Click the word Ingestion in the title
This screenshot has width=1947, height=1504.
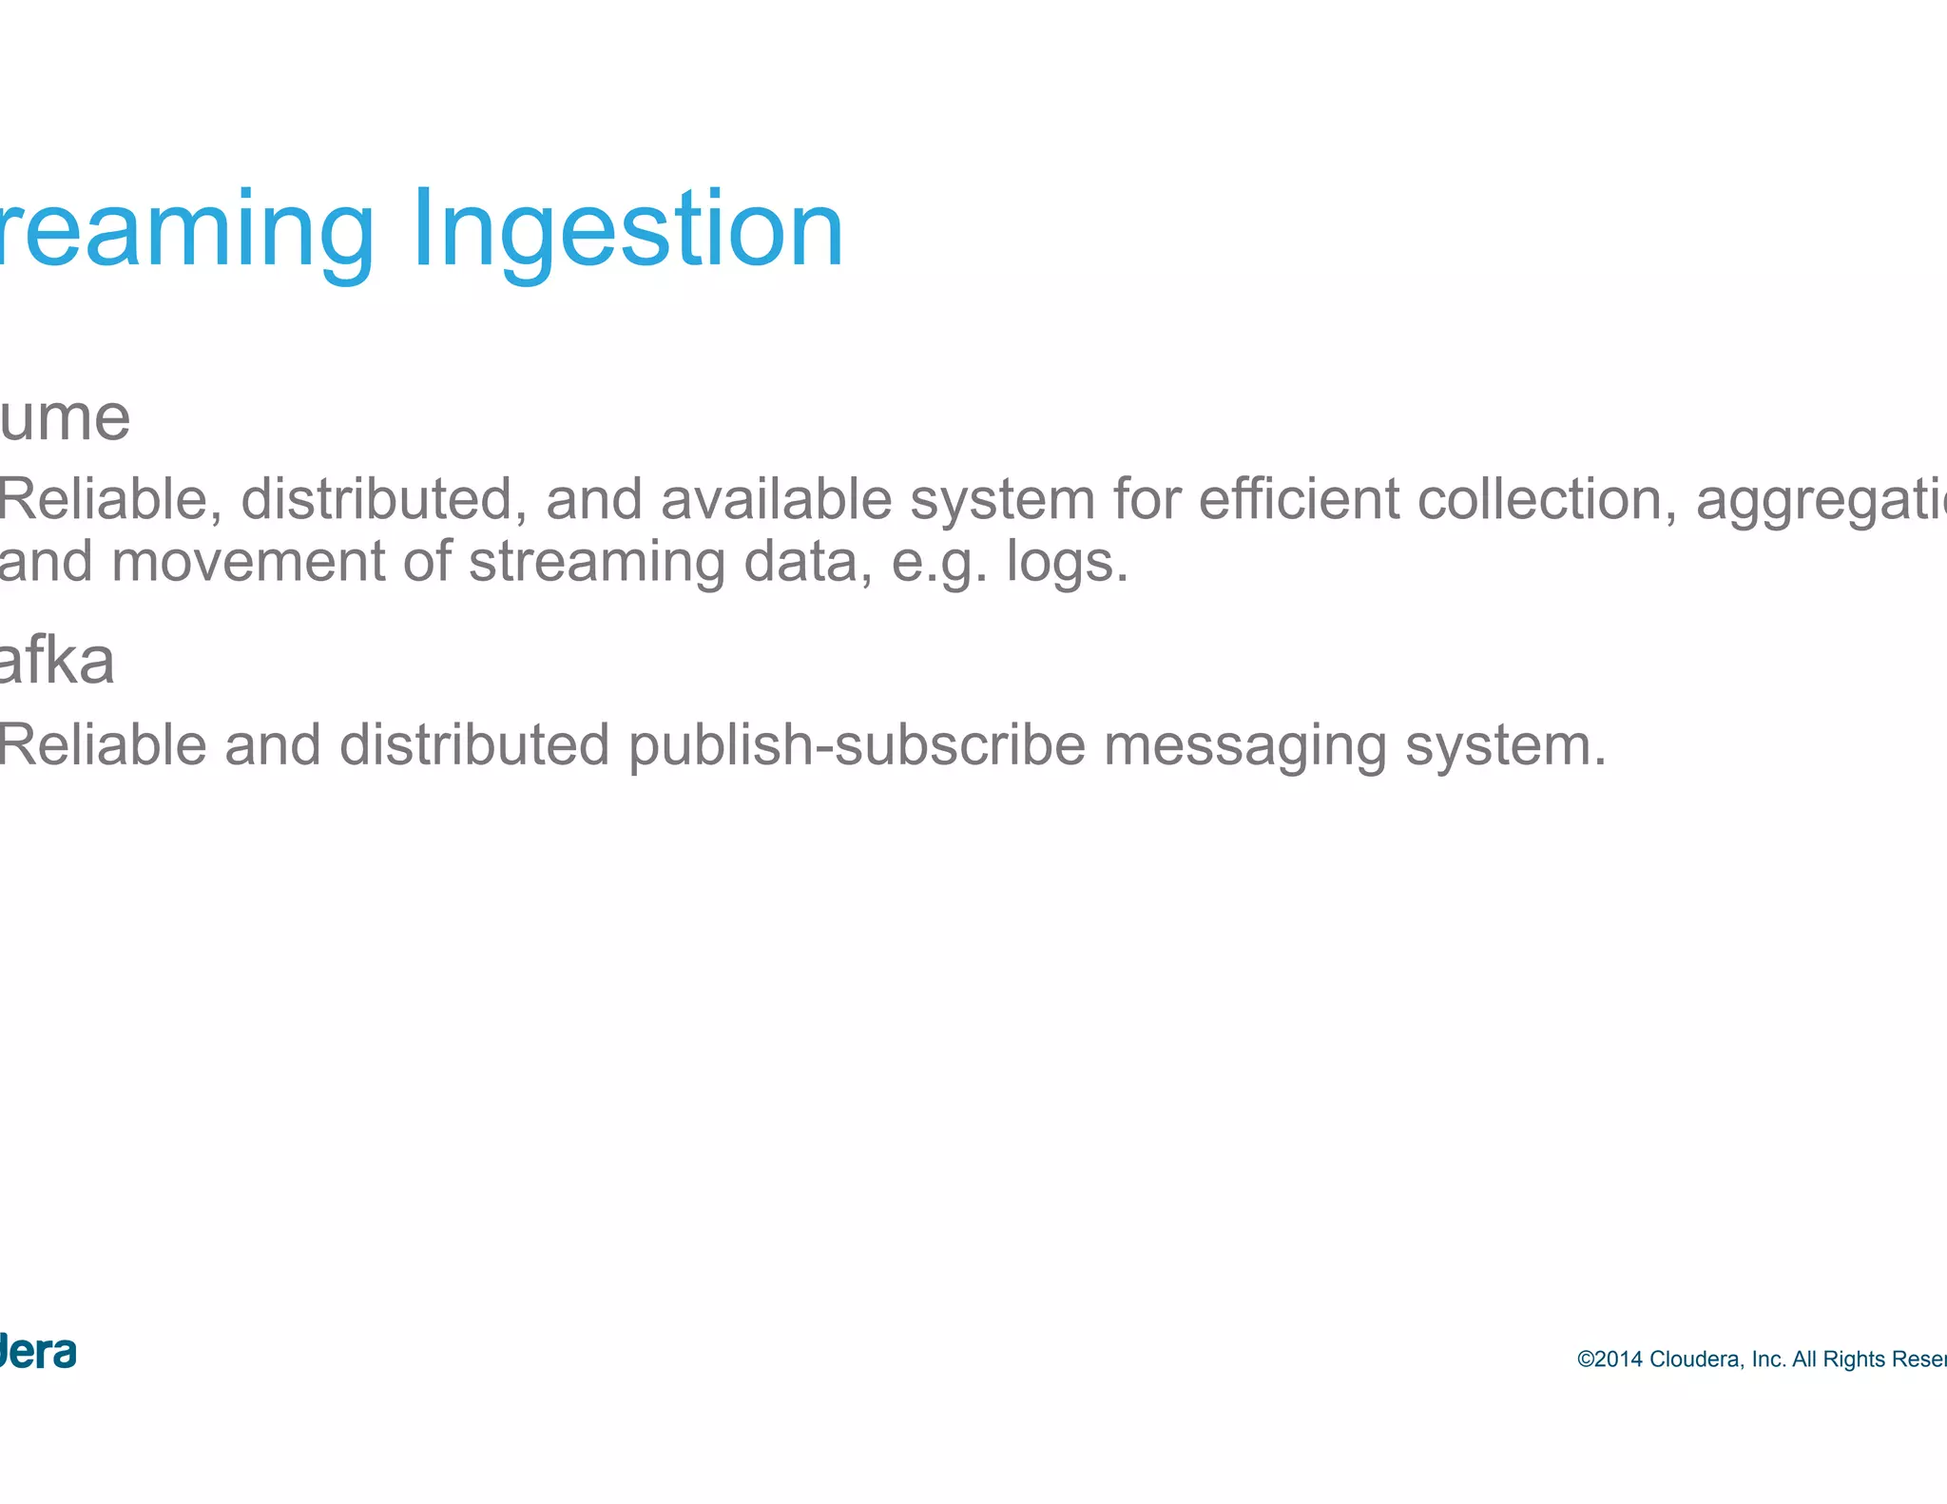pos(627,230)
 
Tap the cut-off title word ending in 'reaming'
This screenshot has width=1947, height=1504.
pos(186,230)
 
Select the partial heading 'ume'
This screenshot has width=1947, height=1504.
pos(65,418)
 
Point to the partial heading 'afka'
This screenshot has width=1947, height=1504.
pos(57,662)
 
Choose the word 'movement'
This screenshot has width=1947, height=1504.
pos(248,562)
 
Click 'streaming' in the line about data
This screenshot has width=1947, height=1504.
pos(597,562)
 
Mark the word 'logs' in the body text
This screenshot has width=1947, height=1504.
pos(1060,562)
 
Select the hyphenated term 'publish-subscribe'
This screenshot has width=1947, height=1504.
pos(857,744)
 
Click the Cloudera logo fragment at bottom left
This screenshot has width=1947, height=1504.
pos(38,1352)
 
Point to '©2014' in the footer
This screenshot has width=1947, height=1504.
pos(1610,1359)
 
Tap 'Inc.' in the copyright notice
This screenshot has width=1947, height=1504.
pos(1768,1359)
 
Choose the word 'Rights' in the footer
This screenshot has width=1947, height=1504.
pos(1854,1359)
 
